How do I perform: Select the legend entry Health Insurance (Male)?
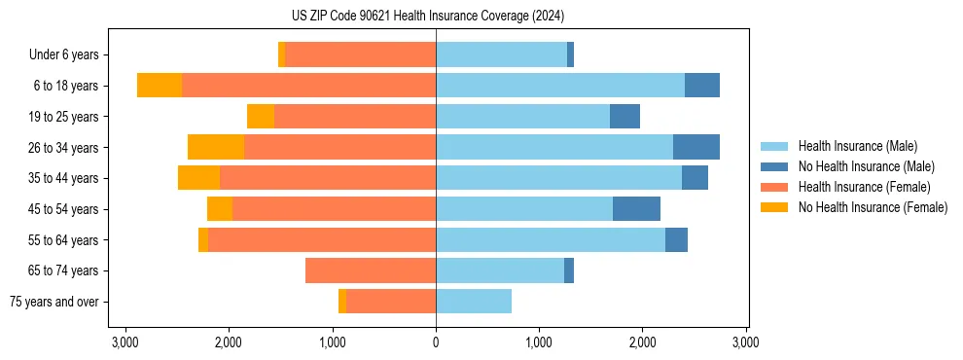click(857, 146)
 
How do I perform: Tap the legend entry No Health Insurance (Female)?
click(873, 207)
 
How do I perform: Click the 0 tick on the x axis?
click(436, 342)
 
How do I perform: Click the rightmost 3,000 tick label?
click(746, 342)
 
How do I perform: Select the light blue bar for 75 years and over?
click(474, 302)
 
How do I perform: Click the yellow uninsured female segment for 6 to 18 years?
click(160, 86)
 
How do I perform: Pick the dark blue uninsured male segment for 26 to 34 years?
click(696, 147)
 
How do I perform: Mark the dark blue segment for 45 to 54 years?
click(636, 209)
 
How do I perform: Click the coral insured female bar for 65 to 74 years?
click(371, 270)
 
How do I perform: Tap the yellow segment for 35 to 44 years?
click(198, 178)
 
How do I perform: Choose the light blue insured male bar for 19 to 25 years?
click(522, 117)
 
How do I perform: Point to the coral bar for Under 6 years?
click(360, 55)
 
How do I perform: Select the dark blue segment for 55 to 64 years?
click(676, 239)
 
